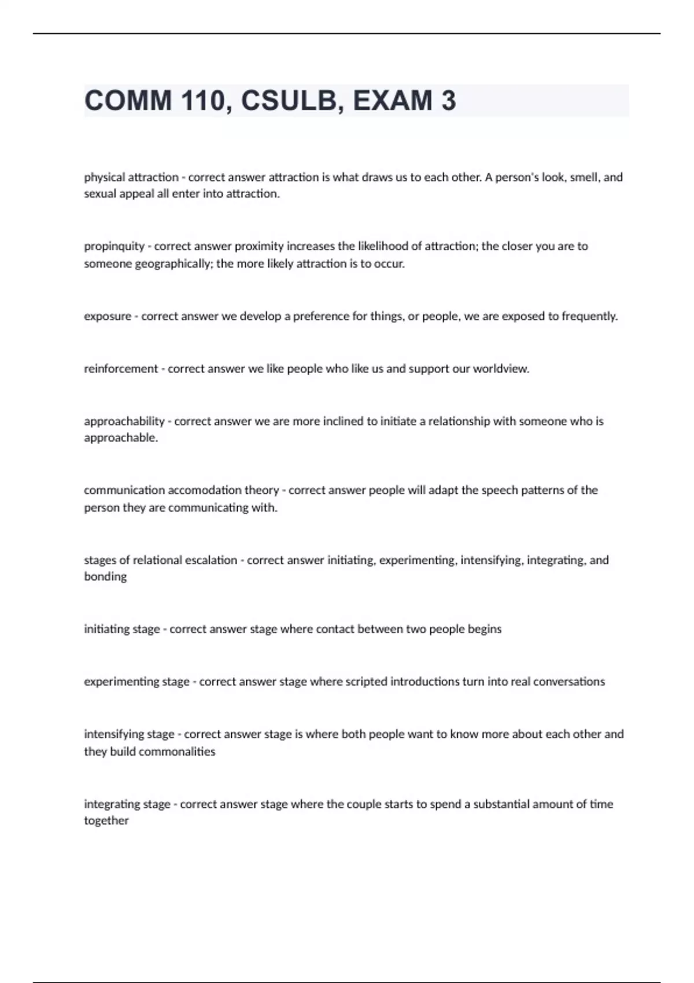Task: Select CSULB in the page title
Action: [287, 101]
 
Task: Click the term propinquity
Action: [114, 246]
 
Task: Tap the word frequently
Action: [589, 316]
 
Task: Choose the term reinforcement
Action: [121, 369]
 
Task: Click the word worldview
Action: [501, 369]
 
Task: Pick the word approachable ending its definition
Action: [121, 438]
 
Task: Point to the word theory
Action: [261, 490]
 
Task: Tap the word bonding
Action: [105, 577]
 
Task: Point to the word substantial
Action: [501, 804]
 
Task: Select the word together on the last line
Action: [106, 821]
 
